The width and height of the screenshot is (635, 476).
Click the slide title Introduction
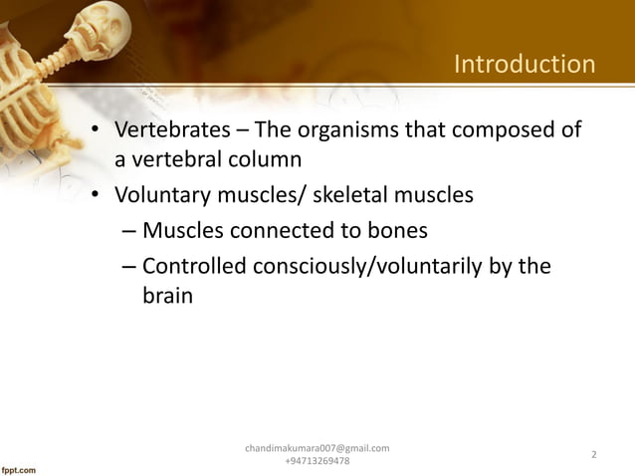point(524,66)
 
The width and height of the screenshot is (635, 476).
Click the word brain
point(166,297)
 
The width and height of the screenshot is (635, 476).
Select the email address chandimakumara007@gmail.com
point(317,448)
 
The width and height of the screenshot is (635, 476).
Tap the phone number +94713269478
point(317,461)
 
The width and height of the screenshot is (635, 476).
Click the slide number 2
point(593,455)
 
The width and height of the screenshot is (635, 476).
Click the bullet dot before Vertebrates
point(94,132)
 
